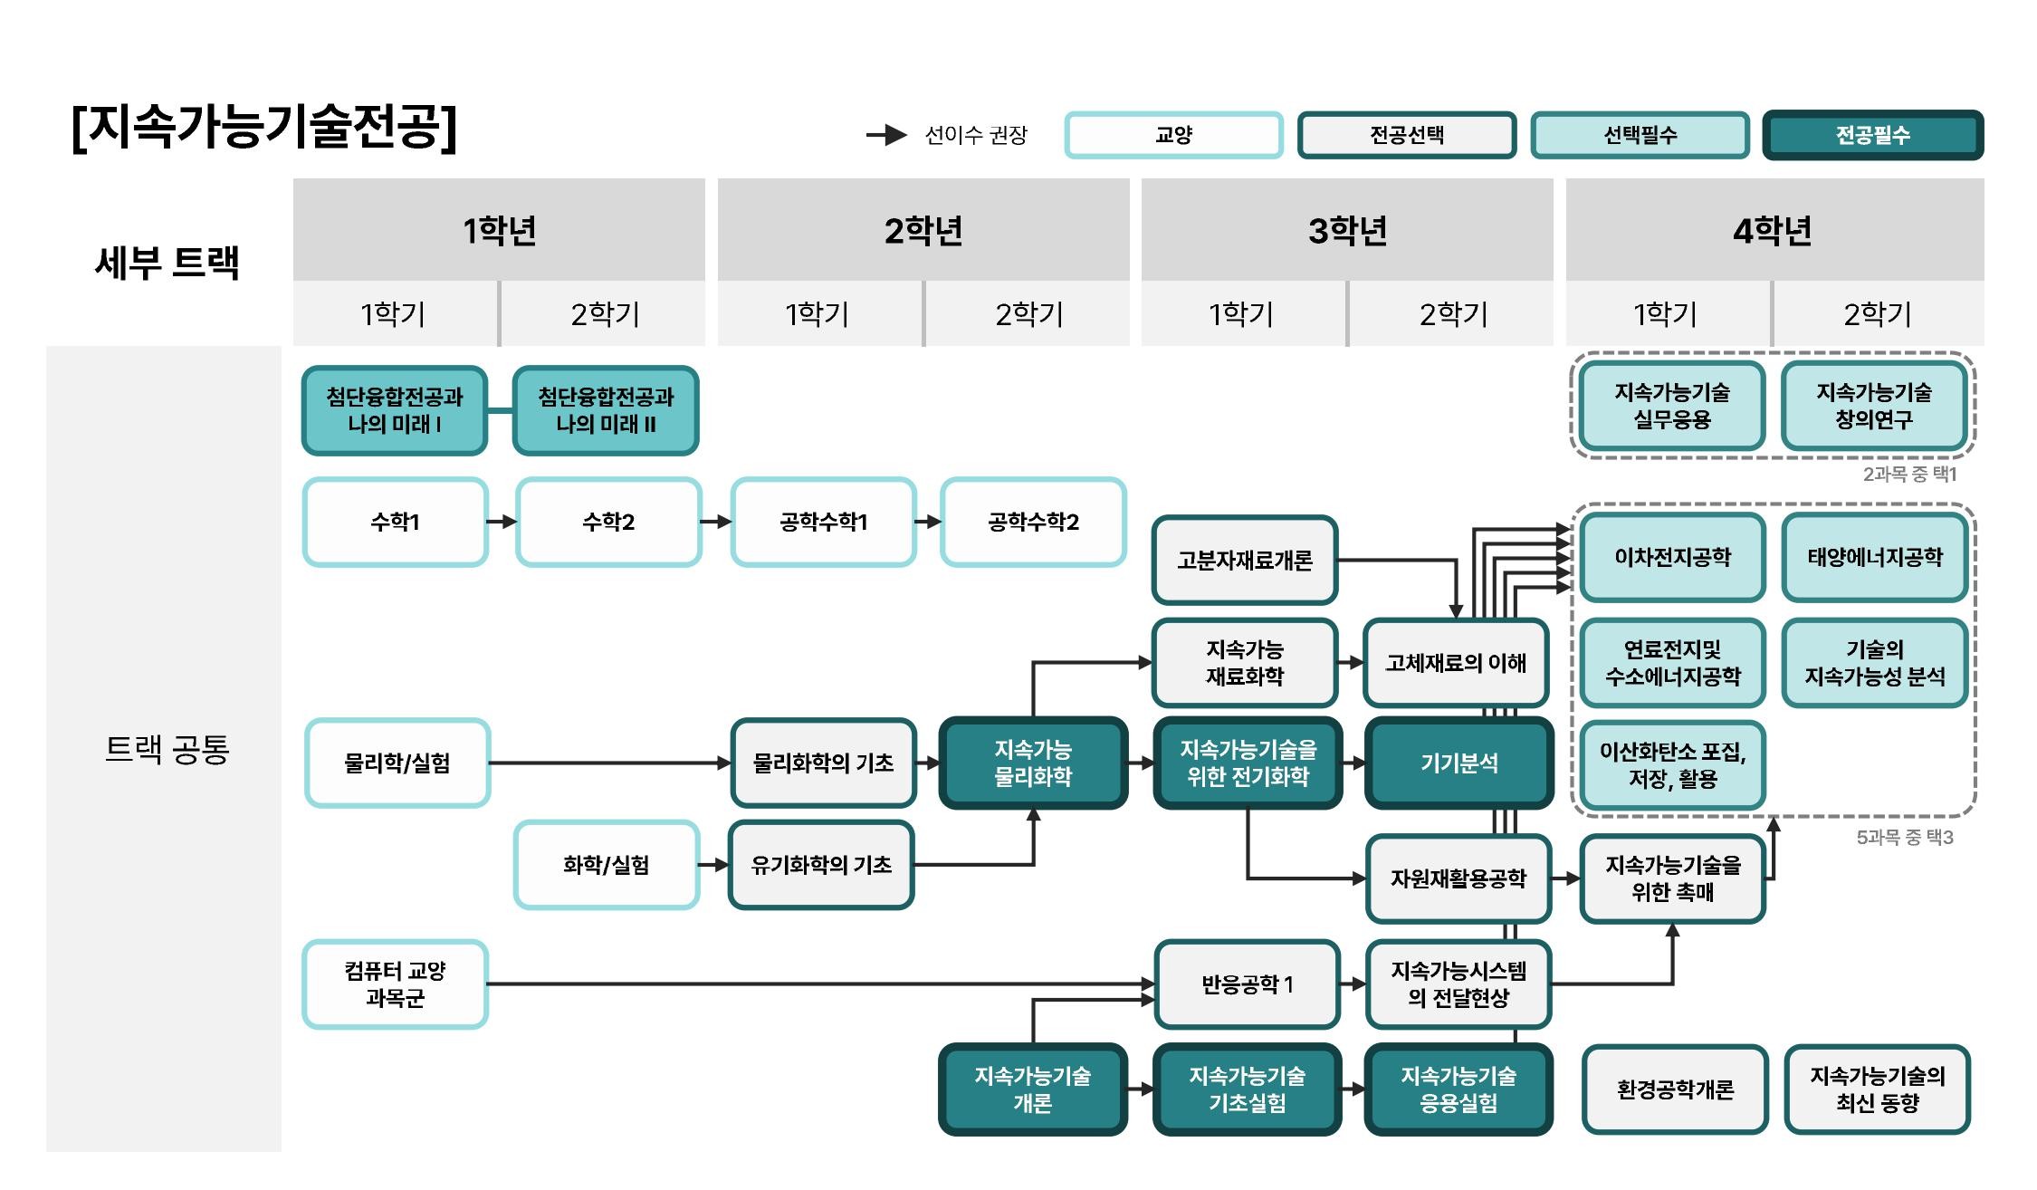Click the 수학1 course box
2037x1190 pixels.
pos(396,523)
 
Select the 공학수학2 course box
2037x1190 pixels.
pos(1033,523)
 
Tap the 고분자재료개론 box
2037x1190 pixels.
pos(1245,561)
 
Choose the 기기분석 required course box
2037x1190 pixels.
pos(1458,763)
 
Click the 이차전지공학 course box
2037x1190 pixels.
pos(1672,557)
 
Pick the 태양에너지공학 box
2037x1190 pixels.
pos(1875,557)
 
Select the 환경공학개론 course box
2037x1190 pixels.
pos(1675,1089)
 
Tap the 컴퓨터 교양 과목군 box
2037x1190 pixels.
pos(396,984)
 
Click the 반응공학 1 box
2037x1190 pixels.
pos(1247,984)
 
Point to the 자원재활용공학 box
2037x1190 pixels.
pos(1458,878)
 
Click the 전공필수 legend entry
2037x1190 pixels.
pos(1872,135)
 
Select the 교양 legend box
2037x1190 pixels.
pos(1173,135)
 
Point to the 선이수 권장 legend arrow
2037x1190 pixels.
pos(886,135)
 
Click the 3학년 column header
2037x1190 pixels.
pos(1347,230)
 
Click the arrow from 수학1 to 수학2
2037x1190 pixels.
pos(502,522)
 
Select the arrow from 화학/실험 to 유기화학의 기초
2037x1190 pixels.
pos(714,865)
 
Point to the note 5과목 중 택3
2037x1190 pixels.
pos(1905,838)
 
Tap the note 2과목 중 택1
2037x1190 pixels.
pos(1909,475)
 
